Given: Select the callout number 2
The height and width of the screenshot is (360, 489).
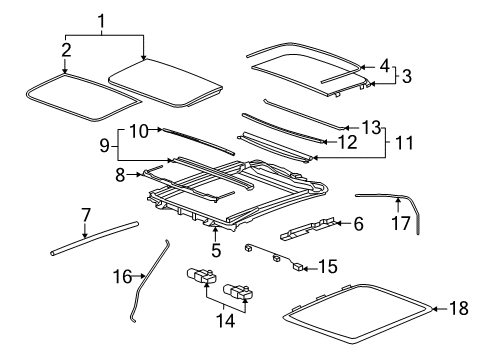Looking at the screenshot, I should tap(66, 49).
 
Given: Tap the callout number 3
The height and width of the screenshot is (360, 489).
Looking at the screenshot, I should tap(404, 74).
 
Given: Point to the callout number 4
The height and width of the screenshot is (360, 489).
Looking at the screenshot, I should tap(384, 65).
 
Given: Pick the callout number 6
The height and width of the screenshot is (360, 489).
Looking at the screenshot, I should tap(356, 224).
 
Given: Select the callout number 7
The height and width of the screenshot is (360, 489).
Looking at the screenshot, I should tap(86, 213).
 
